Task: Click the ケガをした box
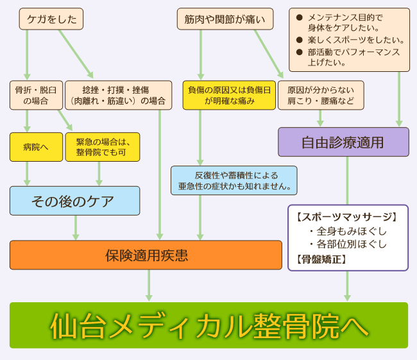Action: (x=51, y=19)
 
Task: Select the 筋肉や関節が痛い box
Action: (x=225, y=19)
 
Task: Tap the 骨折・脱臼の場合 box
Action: (x=36, y=95)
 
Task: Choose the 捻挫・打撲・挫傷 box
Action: (x=119, y=95)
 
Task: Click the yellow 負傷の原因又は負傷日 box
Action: (x=229, y=95)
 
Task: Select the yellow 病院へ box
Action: (x=36, y=147)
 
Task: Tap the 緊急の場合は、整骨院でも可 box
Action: (x=103, y=147)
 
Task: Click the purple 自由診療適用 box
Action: (x=343, y=142)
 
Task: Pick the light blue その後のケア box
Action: (x=74, y=201)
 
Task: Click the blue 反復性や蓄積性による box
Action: (x=234, y=180)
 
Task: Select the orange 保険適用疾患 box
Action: (x=146, y=255)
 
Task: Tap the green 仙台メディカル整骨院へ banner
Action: (x=208, y=325)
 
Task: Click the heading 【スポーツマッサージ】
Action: (x=347, y=217)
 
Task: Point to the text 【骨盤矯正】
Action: (x=321, y=259)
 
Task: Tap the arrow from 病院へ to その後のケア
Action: (x=27, y=173)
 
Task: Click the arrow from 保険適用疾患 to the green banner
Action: (x=149, y=286)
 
